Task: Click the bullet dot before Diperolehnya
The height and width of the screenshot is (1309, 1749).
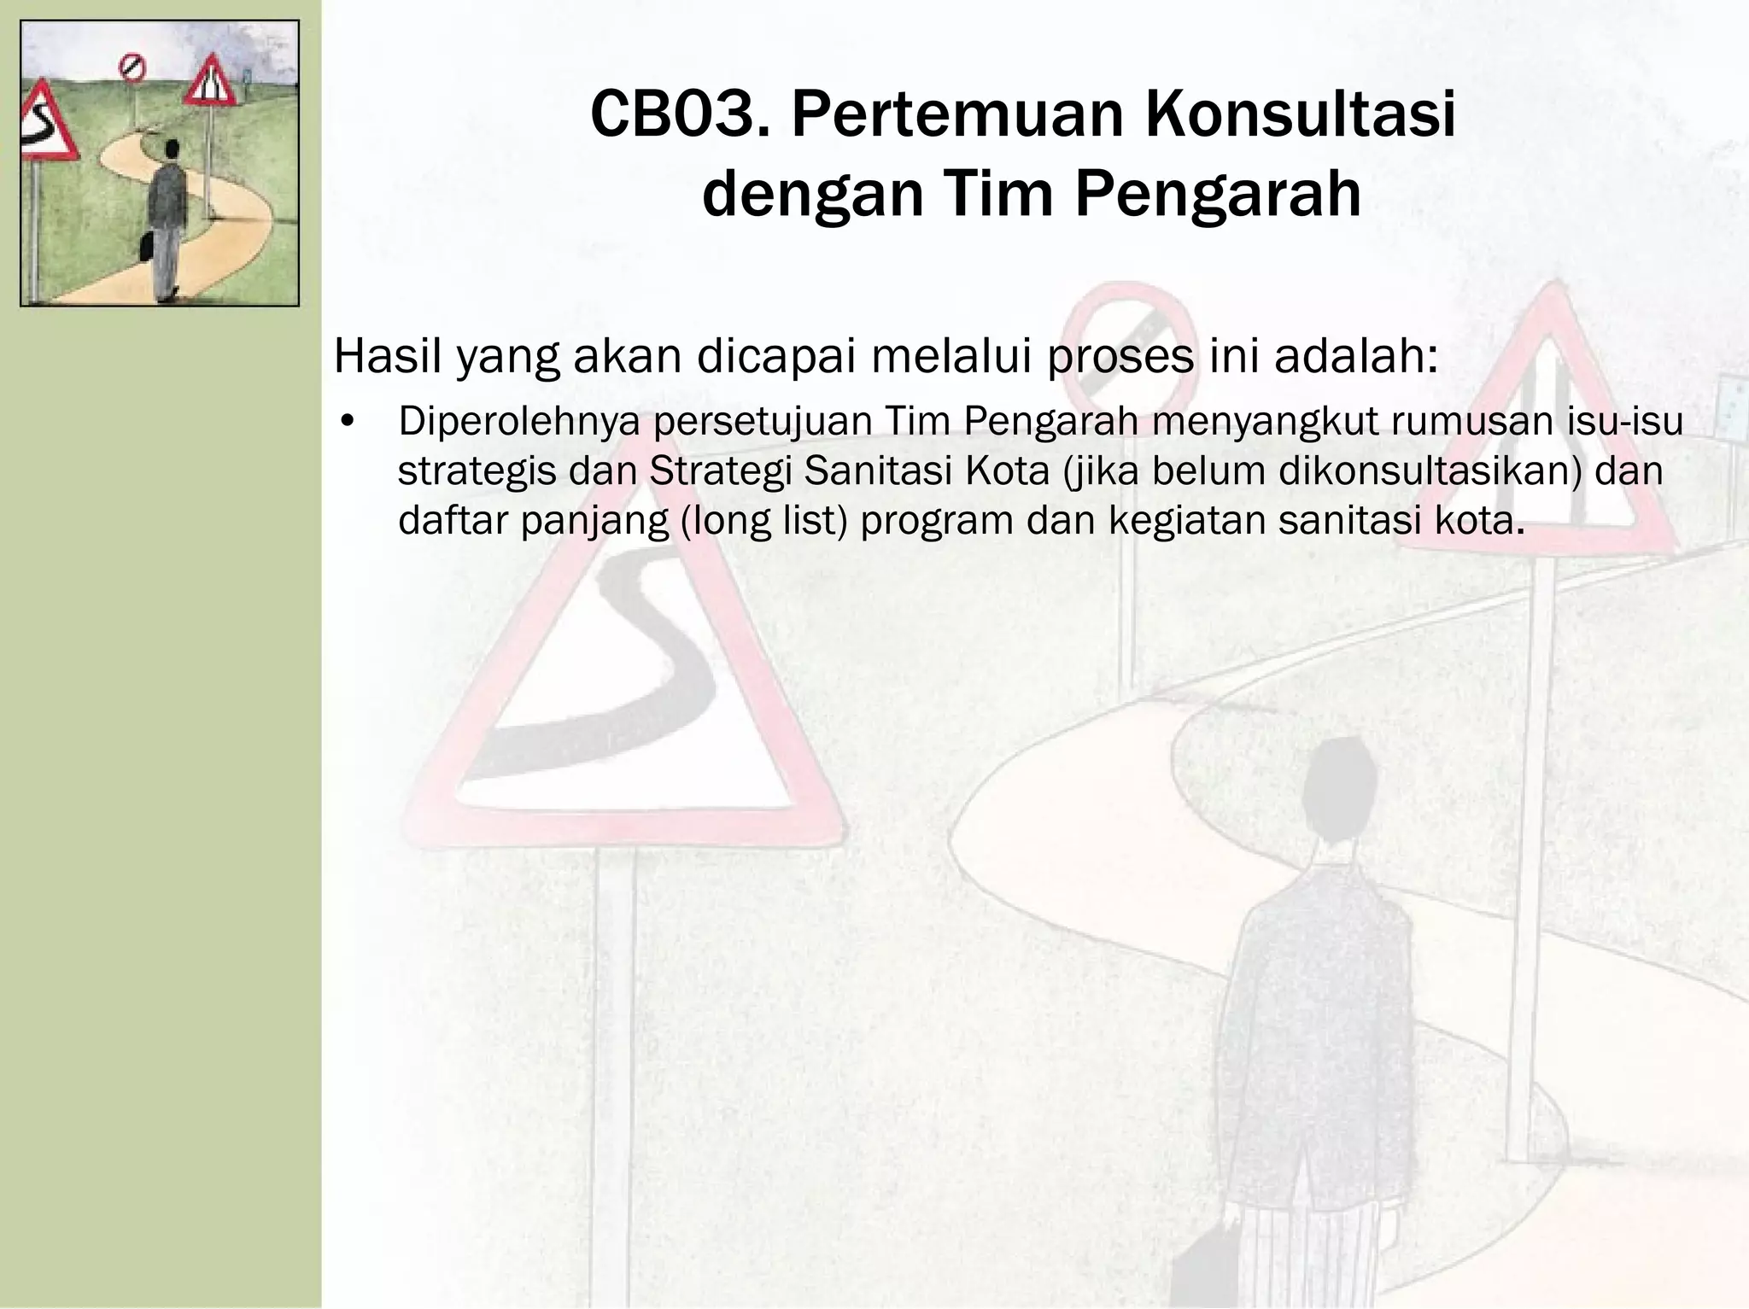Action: pos(346,423)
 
